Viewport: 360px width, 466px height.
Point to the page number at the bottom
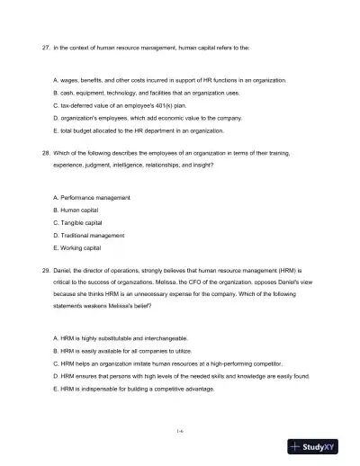[180, 431]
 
